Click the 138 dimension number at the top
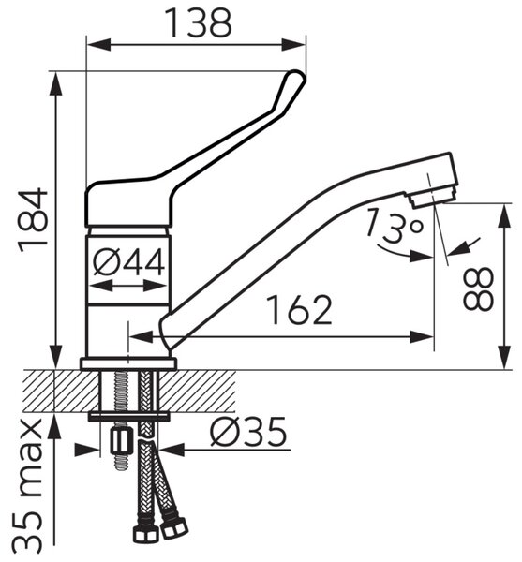199,22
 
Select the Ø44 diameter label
129,262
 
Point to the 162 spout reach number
301,310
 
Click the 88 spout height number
479,288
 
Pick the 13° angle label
395,225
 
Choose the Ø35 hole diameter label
248,432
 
